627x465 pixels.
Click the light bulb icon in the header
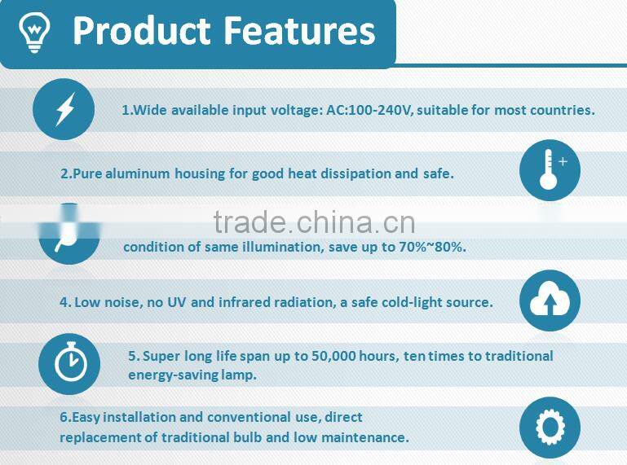[33, 33]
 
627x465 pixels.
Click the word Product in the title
[141, 31]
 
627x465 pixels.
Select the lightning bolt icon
[64, 109]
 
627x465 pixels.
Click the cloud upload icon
[550, 300]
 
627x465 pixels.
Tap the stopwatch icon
[69, 363]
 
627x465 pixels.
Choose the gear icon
[550, 428]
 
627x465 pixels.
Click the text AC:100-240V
[369, 110]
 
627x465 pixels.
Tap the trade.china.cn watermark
[314, 222]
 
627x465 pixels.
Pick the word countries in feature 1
[562, 110]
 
